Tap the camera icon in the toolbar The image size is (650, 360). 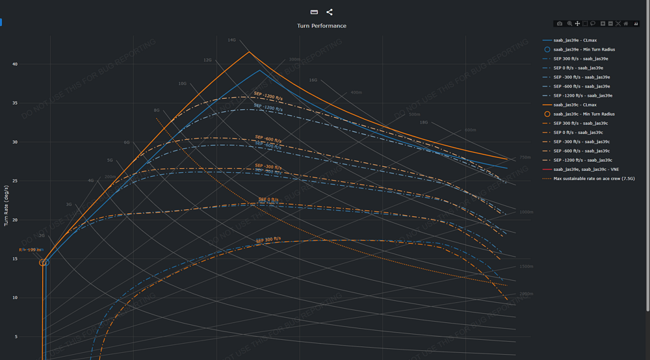click(x=560, y=24)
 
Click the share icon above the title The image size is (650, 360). click(x=330, y=12)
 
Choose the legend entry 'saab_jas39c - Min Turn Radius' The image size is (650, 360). click(x=584, y=114)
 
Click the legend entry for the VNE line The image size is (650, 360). click(x=586, y=169)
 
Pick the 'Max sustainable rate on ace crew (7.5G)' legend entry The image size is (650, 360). click(x=594, y=178)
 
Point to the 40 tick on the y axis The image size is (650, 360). click(x=14, y=64)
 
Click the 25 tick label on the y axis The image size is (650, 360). click(x=14, y=181)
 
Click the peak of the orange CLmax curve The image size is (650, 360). click(x=249, y=52)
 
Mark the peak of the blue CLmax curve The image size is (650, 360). click(x=259, y=70)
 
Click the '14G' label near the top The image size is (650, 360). click(x=231, y=40)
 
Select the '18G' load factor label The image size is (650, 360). click(x=424, y=122)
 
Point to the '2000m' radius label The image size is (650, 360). click(x=526, y=294)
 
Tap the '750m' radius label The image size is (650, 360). click(x=526, y=158)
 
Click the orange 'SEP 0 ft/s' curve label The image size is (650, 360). click(x=268, y=199)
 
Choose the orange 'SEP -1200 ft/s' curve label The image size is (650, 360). click(x=268, y=97)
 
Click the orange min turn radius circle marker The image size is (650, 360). click(x=43, y=263)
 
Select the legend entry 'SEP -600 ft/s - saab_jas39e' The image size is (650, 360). click(x=582, y=86)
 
